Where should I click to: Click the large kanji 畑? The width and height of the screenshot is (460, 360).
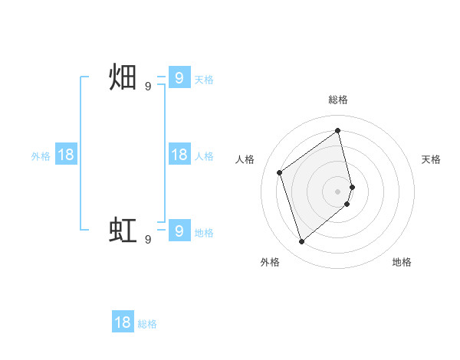pos(123,78)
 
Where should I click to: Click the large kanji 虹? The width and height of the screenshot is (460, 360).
pos(123,231)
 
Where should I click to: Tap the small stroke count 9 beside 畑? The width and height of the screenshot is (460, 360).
pos(148,87)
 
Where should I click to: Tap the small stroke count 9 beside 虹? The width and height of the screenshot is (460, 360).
pos(148,239)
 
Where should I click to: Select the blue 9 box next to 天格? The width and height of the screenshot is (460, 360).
pos(179,78)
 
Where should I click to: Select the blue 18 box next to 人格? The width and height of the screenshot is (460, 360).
pos(179,155)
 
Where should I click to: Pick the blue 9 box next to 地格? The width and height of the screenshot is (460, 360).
pos(179,231)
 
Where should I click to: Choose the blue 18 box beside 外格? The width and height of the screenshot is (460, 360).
pos(66,155)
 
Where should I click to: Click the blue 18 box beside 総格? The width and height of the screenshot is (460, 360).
pos(123,322)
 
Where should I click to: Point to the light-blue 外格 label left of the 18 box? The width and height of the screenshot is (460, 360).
pos(41,155)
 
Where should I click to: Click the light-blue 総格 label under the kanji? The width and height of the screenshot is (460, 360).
pos(147,324)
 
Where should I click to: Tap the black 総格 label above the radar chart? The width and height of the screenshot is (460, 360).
pos(338,100)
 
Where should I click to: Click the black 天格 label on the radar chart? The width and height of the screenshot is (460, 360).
pos(431,159)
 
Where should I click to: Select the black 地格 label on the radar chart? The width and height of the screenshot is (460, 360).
pos(402,262)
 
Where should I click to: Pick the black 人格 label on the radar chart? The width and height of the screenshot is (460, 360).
pos(245,159)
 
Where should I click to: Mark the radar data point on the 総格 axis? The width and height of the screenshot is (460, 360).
pos(338,130)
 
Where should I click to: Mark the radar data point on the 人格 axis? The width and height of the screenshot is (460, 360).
pos(280,172)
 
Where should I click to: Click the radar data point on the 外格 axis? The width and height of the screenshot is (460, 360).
pos(301,242)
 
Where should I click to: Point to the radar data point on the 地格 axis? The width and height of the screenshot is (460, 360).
pos(347,204)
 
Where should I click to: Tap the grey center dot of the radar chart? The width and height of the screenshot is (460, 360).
pos(338,191)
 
